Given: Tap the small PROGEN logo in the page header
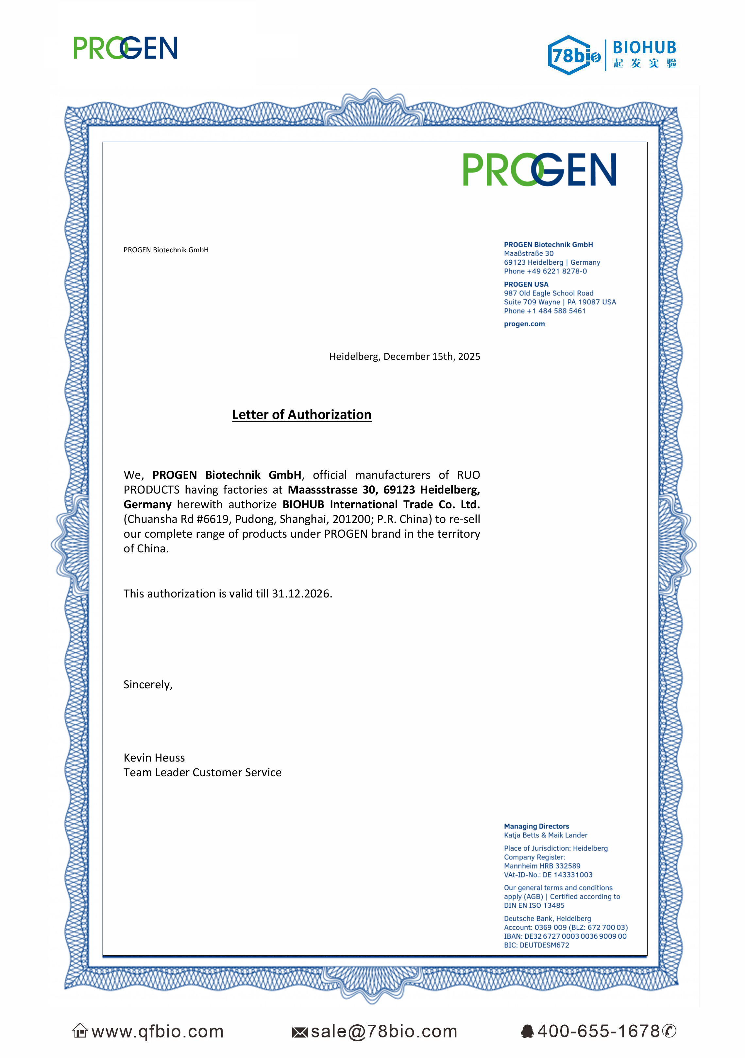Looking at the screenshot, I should [x=125, y=48].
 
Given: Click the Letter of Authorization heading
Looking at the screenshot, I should [x=301, y=415].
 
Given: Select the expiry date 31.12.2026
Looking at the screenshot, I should [x=301, y=594].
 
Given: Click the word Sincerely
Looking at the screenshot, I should [x=147, y=685].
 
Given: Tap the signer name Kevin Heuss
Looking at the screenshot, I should [x=154, y=758].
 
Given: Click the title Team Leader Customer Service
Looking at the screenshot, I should [x=202, y=773].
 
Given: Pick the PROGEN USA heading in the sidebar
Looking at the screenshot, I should [x=526, y=284].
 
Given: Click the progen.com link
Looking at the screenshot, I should [x=524, y=324].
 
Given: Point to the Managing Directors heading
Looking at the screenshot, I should [x=536, y=826].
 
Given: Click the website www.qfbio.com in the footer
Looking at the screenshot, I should [x=158, y=1032].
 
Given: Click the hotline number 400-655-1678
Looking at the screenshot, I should [x=599, y=1031].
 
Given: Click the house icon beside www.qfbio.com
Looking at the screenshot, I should [x=80, y=1031].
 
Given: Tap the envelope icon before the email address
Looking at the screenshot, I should [x=300, y=1033].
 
